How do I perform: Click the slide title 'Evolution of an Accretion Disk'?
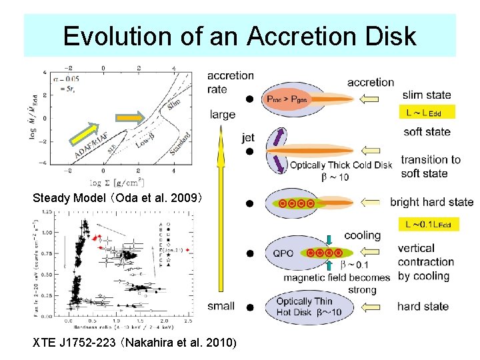[x=239, y=35]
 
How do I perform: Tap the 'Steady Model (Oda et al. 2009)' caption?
[x=122, y=198]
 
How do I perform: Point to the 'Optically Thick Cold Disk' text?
[x=341, y=165]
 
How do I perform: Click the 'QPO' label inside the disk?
[x=283, y=253]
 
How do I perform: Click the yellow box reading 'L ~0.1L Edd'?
[x=428, y=224]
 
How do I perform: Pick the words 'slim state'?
[x=427, y=95]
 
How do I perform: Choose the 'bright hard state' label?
[x=431, y=202]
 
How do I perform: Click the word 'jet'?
[x=249, y=138]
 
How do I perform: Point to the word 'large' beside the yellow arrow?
[x=222, y=115]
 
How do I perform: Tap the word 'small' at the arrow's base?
[x=221, y=306]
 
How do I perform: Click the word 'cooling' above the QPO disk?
[x=362, y=235]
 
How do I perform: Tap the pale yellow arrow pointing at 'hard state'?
[x=374, y=307]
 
